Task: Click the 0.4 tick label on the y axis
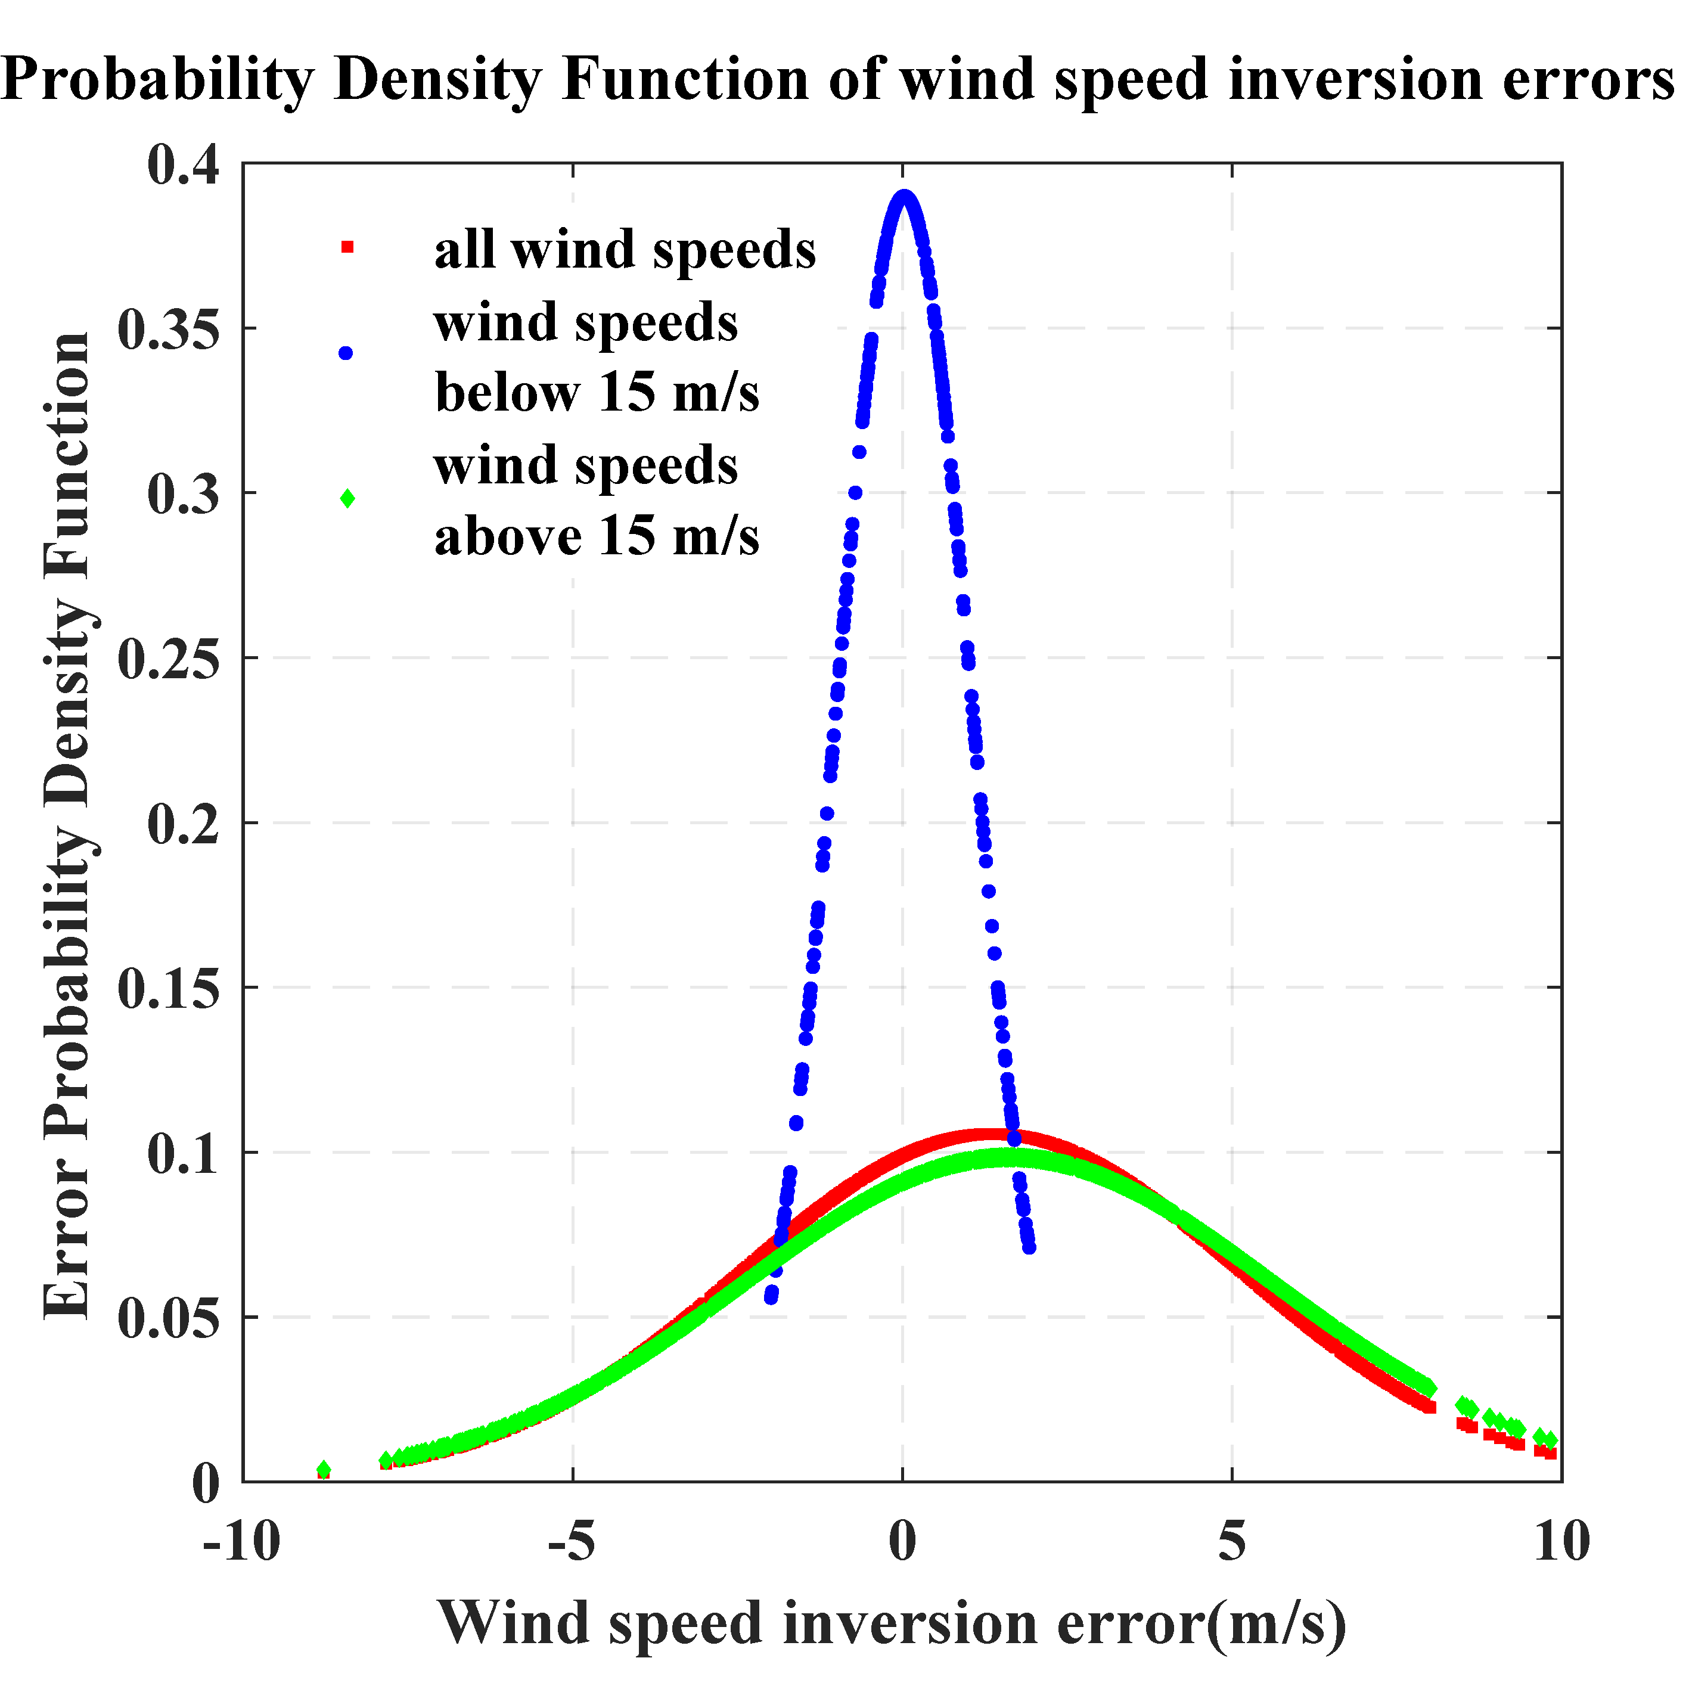pos(183,165)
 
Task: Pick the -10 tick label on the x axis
pos(241,1541)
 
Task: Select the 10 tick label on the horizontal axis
pos(1561,1541)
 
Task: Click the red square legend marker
pos(347,247)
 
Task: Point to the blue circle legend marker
pos(346,353)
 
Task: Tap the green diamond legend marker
pos(347,498)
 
